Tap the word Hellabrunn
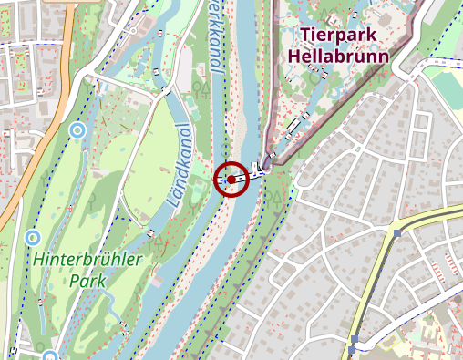coord(338,56)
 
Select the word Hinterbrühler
coord(87,261)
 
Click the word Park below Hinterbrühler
coord(87,281)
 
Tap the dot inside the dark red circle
coord(232,180)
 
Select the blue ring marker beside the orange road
coord(77,130)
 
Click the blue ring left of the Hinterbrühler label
coord(33,238)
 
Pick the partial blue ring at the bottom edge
coord(49,355)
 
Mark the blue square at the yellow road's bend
coord(398,233)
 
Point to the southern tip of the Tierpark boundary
coord(271,165)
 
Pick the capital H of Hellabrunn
coord(293,56)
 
